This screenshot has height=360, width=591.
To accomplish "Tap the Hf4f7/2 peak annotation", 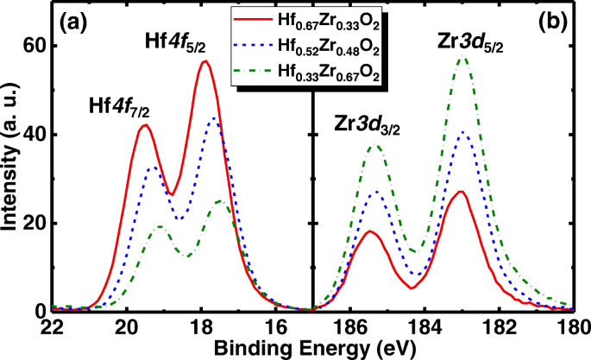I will (119, 108).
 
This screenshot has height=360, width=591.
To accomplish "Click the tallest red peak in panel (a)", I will (204, 61).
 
